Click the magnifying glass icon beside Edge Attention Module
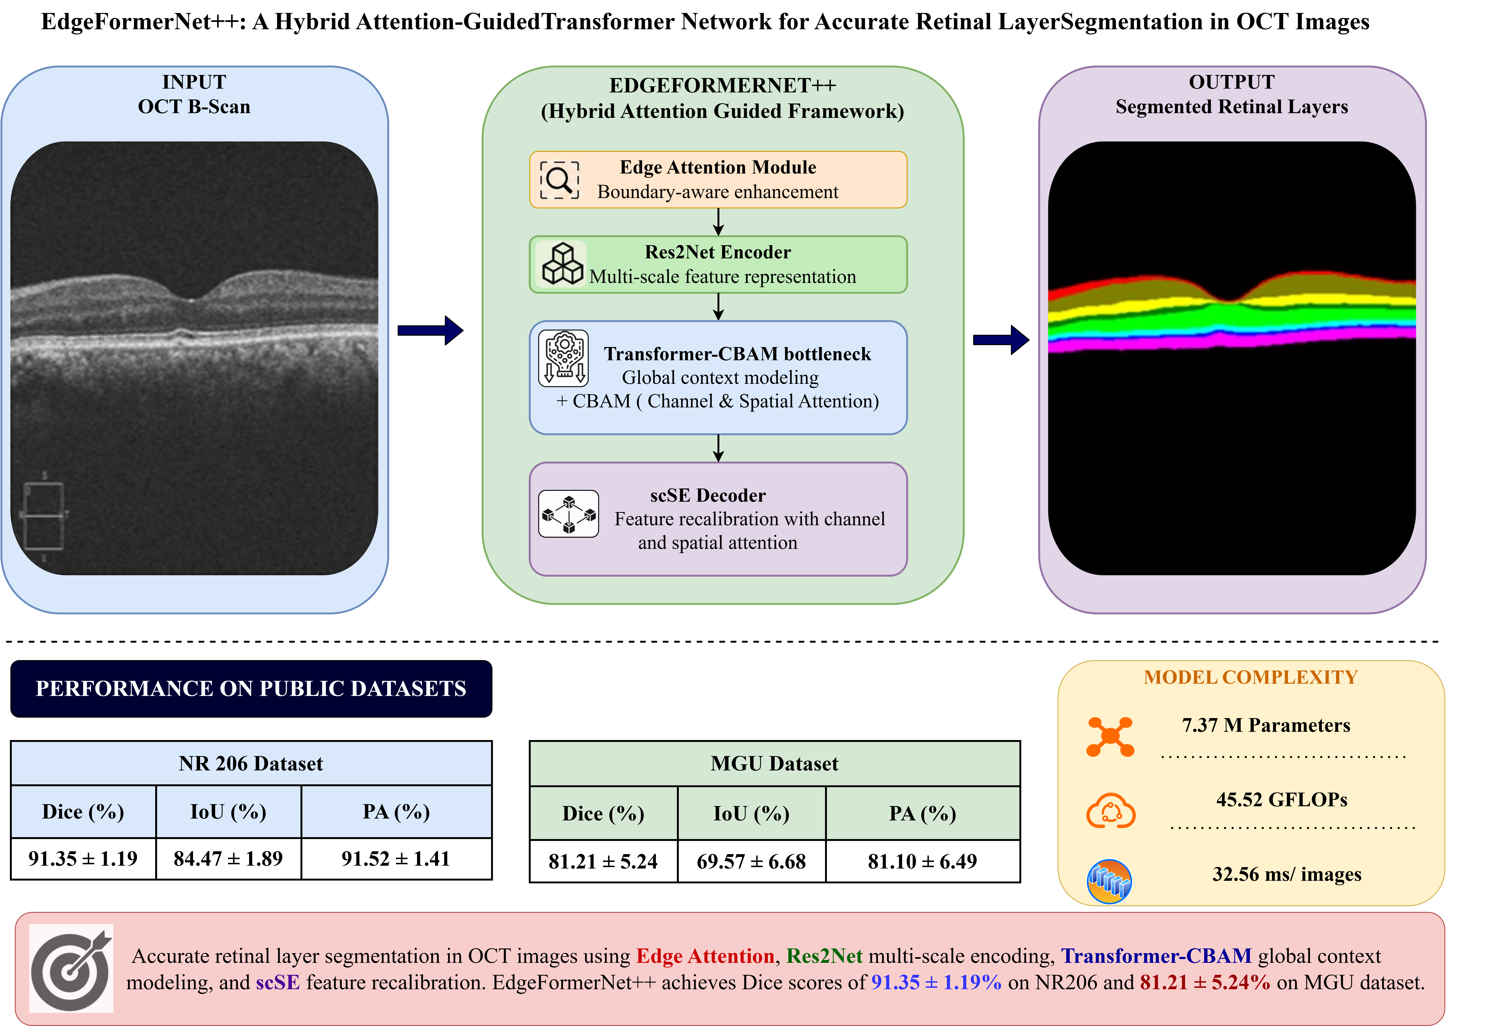coord(559,179)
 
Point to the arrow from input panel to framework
coord(430,331)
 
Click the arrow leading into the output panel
coord(1001,340)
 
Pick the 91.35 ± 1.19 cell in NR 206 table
coord(83,859)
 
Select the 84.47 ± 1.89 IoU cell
coord(229,859)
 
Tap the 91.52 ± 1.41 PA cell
coord(396,859)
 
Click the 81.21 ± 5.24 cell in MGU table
coord(603,861)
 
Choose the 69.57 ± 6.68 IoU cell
coord(751,861)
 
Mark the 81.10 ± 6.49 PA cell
coord(922,861)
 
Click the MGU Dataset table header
coord(774,763)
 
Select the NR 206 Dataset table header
coord(251,763)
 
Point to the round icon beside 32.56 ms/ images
coord(1109,881)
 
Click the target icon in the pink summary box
coord(71,968)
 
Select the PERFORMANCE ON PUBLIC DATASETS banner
coord(251,688)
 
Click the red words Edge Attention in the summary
coord(705,956)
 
